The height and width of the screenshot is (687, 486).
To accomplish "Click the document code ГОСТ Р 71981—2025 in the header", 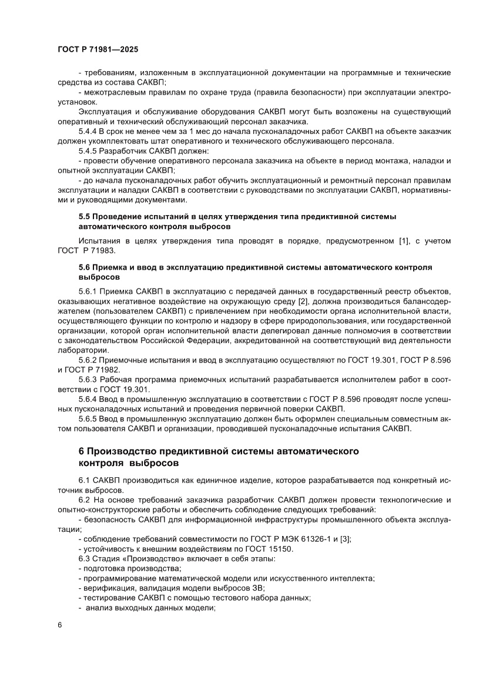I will point(98,51).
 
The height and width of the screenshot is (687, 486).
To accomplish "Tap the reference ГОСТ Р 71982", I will point(94,370).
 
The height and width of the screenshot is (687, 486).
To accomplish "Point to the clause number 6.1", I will point(85,480).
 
